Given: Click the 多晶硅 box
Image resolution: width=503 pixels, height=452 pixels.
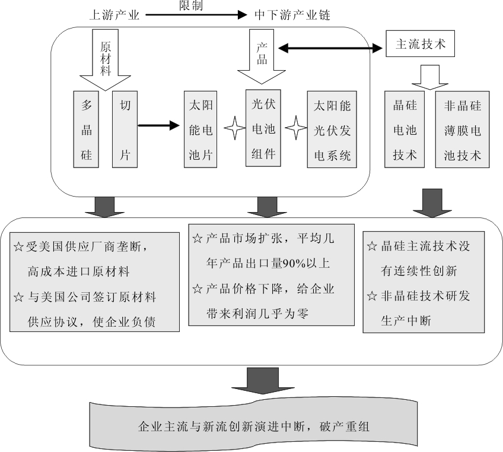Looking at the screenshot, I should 87,129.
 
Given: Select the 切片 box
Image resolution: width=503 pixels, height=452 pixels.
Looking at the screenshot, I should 125,129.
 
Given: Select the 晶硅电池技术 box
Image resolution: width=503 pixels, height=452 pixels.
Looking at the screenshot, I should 406,130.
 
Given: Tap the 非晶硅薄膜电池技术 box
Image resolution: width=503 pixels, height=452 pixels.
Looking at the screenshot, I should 463,130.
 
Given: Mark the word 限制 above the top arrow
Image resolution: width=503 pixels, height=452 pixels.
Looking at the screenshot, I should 191,5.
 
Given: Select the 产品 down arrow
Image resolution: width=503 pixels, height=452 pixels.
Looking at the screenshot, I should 263,56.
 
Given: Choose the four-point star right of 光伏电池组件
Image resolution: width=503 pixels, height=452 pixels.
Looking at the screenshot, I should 294,127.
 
